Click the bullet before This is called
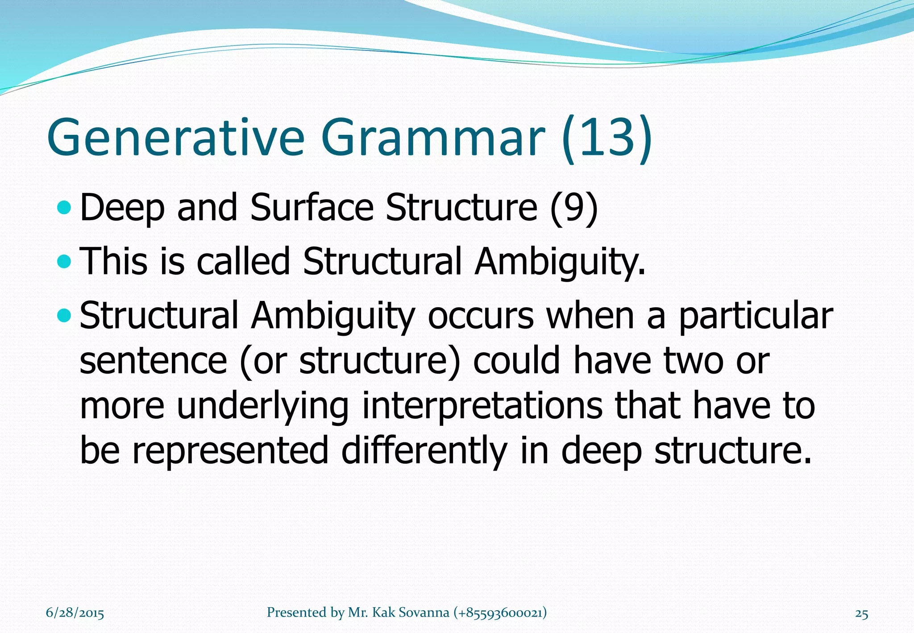pyautogui.click(x=65, y=262)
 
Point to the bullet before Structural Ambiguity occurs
pyautogui.click(x=65, y=316)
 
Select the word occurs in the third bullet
pyautogui.click(x=480, y=316)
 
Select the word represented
pyautogui.click(x=230, y=451)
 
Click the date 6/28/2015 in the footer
pyautogui.click(x=75, y=613)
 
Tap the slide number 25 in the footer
pyautogui.click(x=861, y=614)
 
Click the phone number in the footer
pyautogui.click(x=500, y=613)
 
